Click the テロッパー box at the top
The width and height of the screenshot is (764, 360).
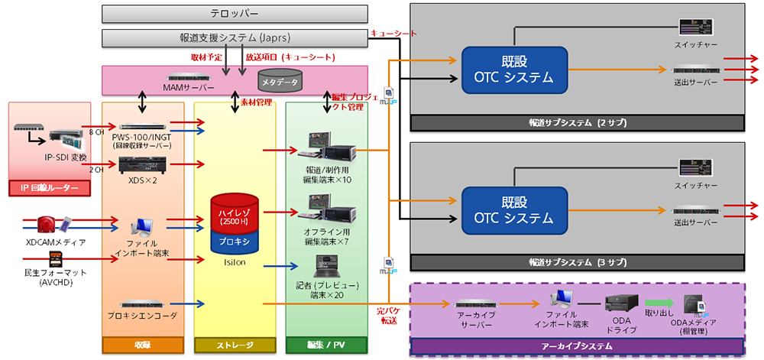pos(235,14)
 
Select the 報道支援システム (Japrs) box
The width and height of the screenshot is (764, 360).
pos(235,37)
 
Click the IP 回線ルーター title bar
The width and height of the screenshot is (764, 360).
pos(50,186)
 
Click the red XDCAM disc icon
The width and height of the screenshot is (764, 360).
pos(45,225)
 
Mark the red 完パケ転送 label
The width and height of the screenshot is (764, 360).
pos(387,316)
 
